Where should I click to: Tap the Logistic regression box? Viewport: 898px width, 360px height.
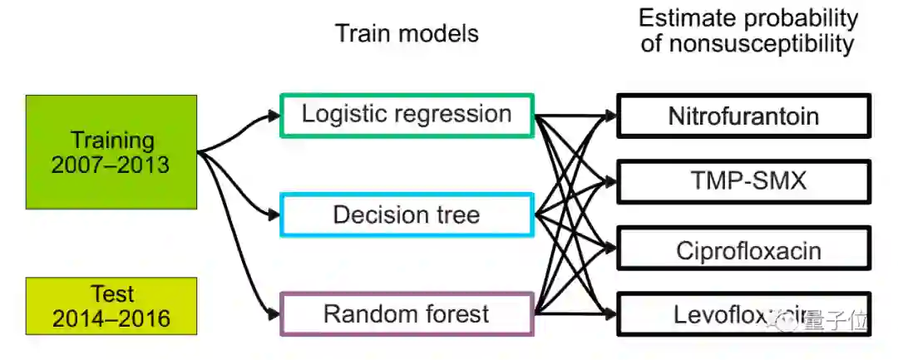[x=407, y=115]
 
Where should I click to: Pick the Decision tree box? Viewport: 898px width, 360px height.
[x=407, y=215]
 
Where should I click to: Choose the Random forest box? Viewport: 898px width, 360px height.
[x=407, y=314]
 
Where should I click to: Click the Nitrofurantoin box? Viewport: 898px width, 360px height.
[x=743, y=116]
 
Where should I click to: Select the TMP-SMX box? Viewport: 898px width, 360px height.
[x=743, y=181]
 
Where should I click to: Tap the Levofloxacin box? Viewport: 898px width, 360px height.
[x=743, y=314]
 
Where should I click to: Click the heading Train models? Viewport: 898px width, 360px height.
[x=407, y=33]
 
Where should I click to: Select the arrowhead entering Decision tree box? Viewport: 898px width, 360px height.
[x=275, y=215]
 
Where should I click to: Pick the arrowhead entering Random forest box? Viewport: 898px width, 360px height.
[x=275, y=313]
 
